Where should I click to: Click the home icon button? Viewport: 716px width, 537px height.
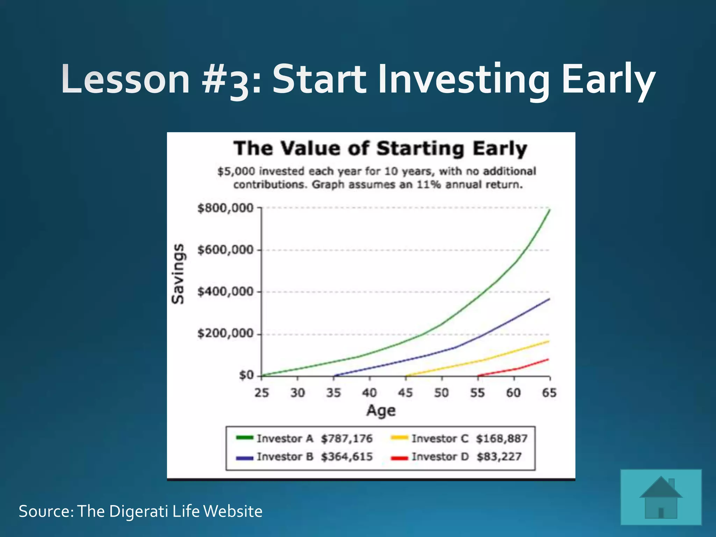pos(661,497)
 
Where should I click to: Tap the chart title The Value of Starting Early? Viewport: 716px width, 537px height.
pos(380,148)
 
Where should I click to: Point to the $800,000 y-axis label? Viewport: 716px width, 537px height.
pos(225,208)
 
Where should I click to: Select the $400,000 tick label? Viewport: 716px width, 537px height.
pos(225,291)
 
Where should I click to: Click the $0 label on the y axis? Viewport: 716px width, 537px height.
pos(246,375)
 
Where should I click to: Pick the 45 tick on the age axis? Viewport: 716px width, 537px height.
pos(406,393)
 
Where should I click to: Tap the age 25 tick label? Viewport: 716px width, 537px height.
pos(262,393)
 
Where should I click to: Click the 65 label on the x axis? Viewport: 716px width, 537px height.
pos(549,393)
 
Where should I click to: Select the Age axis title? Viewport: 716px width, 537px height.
pos(381,410)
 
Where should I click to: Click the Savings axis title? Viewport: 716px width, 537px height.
pos(178,273)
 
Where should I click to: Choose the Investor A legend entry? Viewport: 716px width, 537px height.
pos(285,438)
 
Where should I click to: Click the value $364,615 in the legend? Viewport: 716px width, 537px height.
pos(347,457)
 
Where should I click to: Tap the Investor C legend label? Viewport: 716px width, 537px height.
pos(440,438)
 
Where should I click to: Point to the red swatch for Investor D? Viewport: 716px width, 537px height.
pos(399,458)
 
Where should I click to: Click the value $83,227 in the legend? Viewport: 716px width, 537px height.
pos(499,457)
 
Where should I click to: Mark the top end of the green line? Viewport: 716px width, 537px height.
pos(550,210)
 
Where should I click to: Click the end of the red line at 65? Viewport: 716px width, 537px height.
pos(548,359)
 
